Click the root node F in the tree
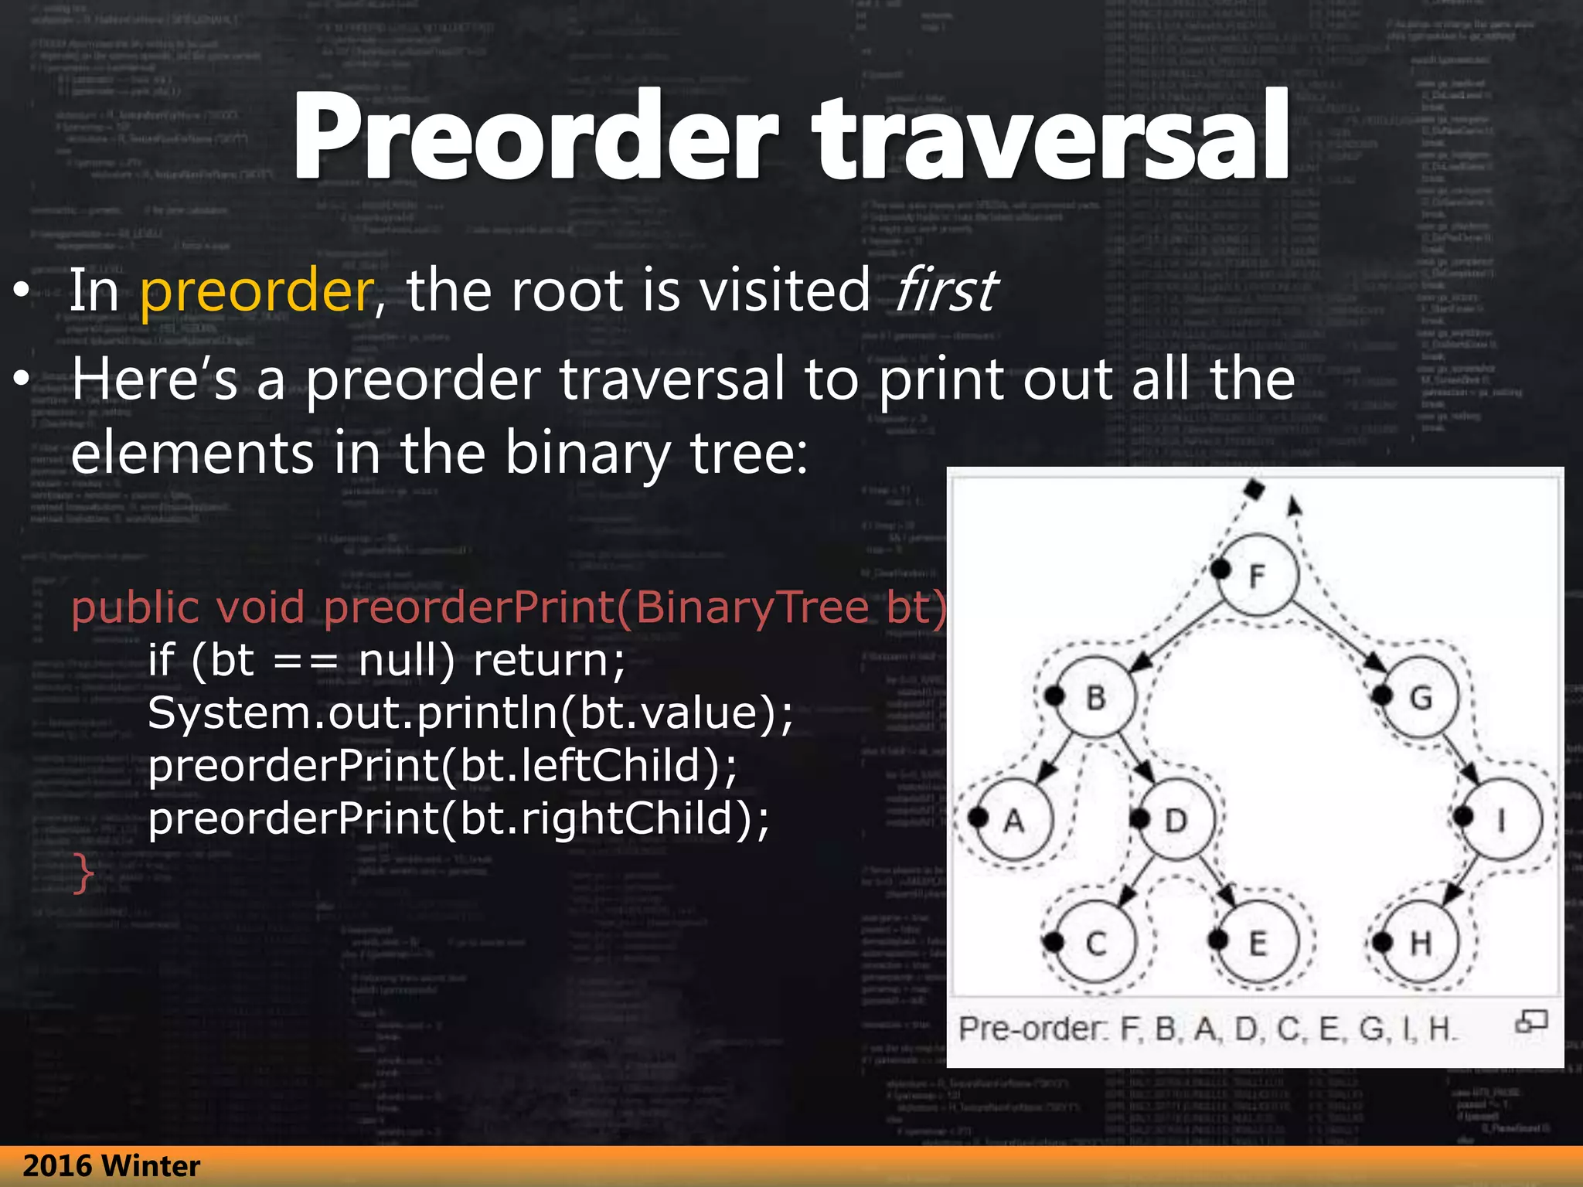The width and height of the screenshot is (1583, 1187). tap(1258, 575)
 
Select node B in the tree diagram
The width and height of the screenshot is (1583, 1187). tap(1096, 697)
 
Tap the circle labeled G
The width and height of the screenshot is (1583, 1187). tap(1421, 697)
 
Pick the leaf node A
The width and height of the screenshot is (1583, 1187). tap(1014, 820)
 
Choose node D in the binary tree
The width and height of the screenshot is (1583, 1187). tap(1176, 820)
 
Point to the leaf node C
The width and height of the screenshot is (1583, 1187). tap(1096, 943)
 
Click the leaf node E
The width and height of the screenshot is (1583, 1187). tap(1258, 943)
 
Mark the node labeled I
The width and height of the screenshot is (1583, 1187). tap(1502, 820)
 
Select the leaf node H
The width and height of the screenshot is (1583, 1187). tap(1421, 943)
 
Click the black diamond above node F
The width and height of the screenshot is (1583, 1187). tap(1254, 489)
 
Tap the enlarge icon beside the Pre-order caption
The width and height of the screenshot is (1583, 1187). tap(1530, 1022)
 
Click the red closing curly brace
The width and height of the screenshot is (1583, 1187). tap(83, 873)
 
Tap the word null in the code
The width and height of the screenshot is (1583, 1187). tap(407, 661)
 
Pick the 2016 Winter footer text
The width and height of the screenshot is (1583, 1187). tap(111, 1166)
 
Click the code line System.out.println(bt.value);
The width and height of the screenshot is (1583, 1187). tap(470, 713)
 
